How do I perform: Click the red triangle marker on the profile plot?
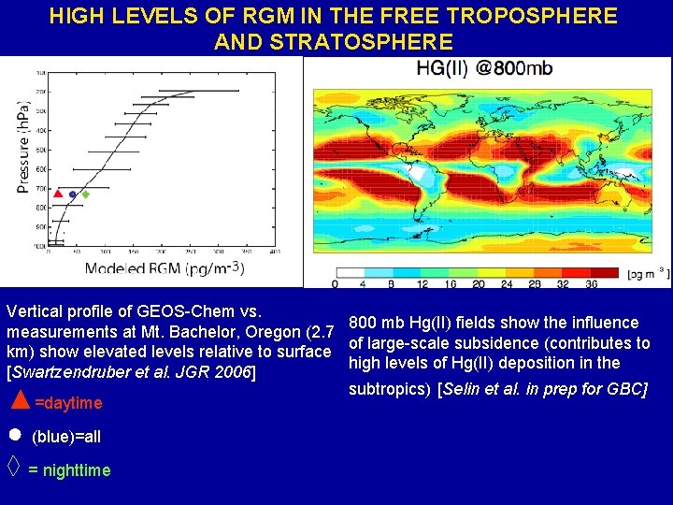pyautogui.click(x=58, y=194)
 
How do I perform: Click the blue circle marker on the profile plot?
pyautogui.click(x=72, y=195)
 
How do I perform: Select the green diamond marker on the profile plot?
pyautogui.click(x=86, y=195)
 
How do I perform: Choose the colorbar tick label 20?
pyautogui.click(x=479, y=282)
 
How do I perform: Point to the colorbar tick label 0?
pyautogui.click(x=335, y=282)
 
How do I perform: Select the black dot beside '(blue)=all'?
pyautogui.click(x=15, y=436)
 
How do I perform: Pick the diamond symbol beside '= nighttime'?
pyautogui.click(x=14, y=465)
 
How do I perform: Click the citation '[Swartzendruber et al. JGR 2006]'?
pyautogui.click(x=131, y=372)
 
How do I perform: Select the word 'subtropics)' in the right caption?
pyautogui.click(x=390, y=388)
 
